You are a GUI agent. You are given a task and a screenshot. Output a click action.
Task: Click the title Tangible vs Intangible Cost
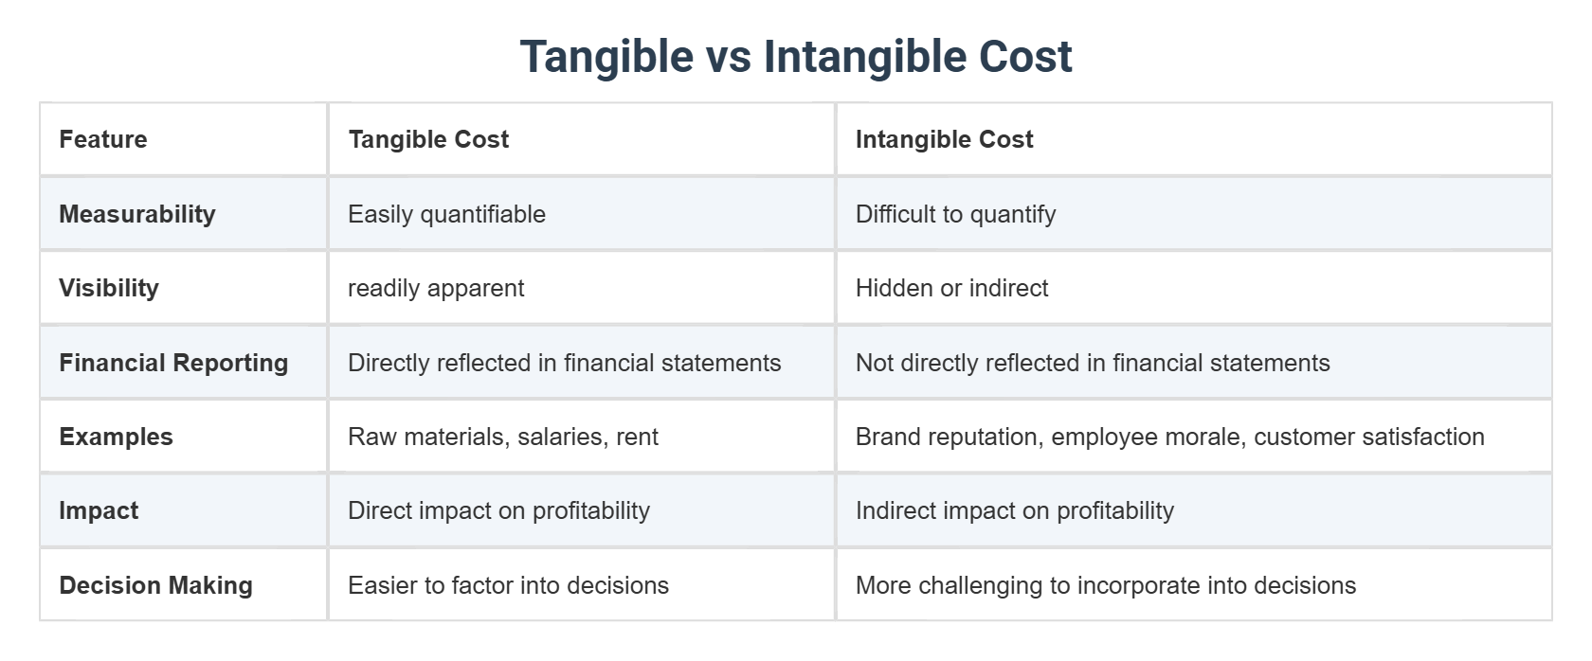pos(795,56)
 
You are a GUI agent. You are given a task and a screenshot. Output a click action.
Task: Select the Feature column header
pos(103,139)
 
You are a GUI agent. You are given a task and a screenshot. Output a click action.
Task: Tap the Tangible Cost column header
pos(428,139)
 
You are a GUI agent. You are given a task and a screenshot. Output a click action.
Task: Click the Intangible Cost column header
pos(944,139)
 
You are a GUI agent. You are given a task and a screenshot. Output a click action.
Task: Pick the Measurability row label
pos(137,214)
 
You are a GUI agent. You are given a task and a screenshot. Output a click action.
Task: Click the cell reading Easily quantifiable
pos(446,214)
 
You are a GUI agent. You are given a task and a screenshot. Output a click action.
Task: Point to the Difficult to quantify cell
pos(955,214)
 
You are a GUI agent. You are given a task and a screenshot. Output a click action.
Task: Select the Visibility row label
pos(109,288)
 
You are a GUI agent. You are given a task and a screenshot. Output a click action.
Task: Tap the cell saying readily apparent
pos(436,288)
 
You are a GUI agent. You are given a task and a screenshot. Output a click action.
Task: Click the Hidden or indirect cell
pos(951,288)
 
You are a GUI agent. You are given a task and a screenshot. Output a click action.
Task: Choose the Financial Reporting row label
pos(173,363)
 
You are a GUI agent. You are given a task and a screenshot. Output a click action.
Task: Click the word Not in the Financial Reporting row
pos(874,363)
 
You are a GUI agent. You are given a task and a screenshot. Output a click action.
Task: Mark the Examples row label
pos(116,437)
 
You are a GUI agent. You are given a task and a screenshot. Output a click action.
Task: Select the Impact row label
pos(99,510)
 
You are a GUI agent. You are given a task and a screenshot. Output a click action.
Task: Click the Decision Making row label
pos(155,585)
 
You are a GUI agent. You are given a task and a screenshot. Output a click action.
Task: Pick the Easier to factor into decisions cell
pos(508,585)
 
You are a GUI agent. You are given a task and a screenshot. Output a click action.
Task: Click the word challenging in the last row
pos(981,586)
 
